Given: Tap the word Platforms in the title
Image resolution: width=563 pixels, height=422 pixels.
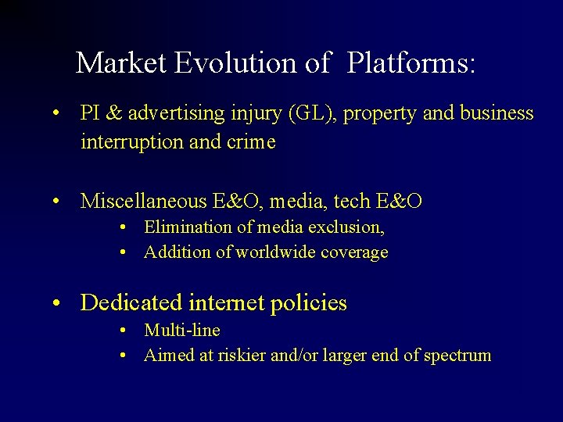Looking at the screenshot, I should (x=411, y=63).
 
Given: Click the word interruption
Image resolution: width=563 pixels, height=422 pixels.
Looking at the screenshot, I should (x=126, y=142).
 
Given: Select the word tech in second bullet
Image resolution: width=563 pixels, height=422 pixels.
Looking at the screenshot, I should (x=352, y=202).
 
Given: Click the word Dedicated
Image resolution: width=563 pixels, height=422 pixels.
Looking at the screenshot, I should (x=131, y=302).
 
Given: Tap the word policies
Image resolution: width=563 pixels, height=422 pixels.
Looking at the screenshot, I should (x=312, y=303).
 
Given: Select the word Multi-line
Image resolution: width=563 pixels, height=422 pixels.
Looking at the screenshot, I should (x=182, y=331).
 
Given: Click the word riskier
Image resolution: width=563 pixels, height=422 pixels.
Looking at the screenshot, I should (x=240, y=356).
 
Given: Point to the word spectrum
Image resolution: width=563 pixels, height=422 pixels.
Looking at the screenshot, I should (x=457, y=356).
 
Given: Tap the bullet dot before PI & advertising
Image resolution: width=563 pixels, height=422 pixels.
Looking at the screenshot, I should (x=58, y=115).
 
